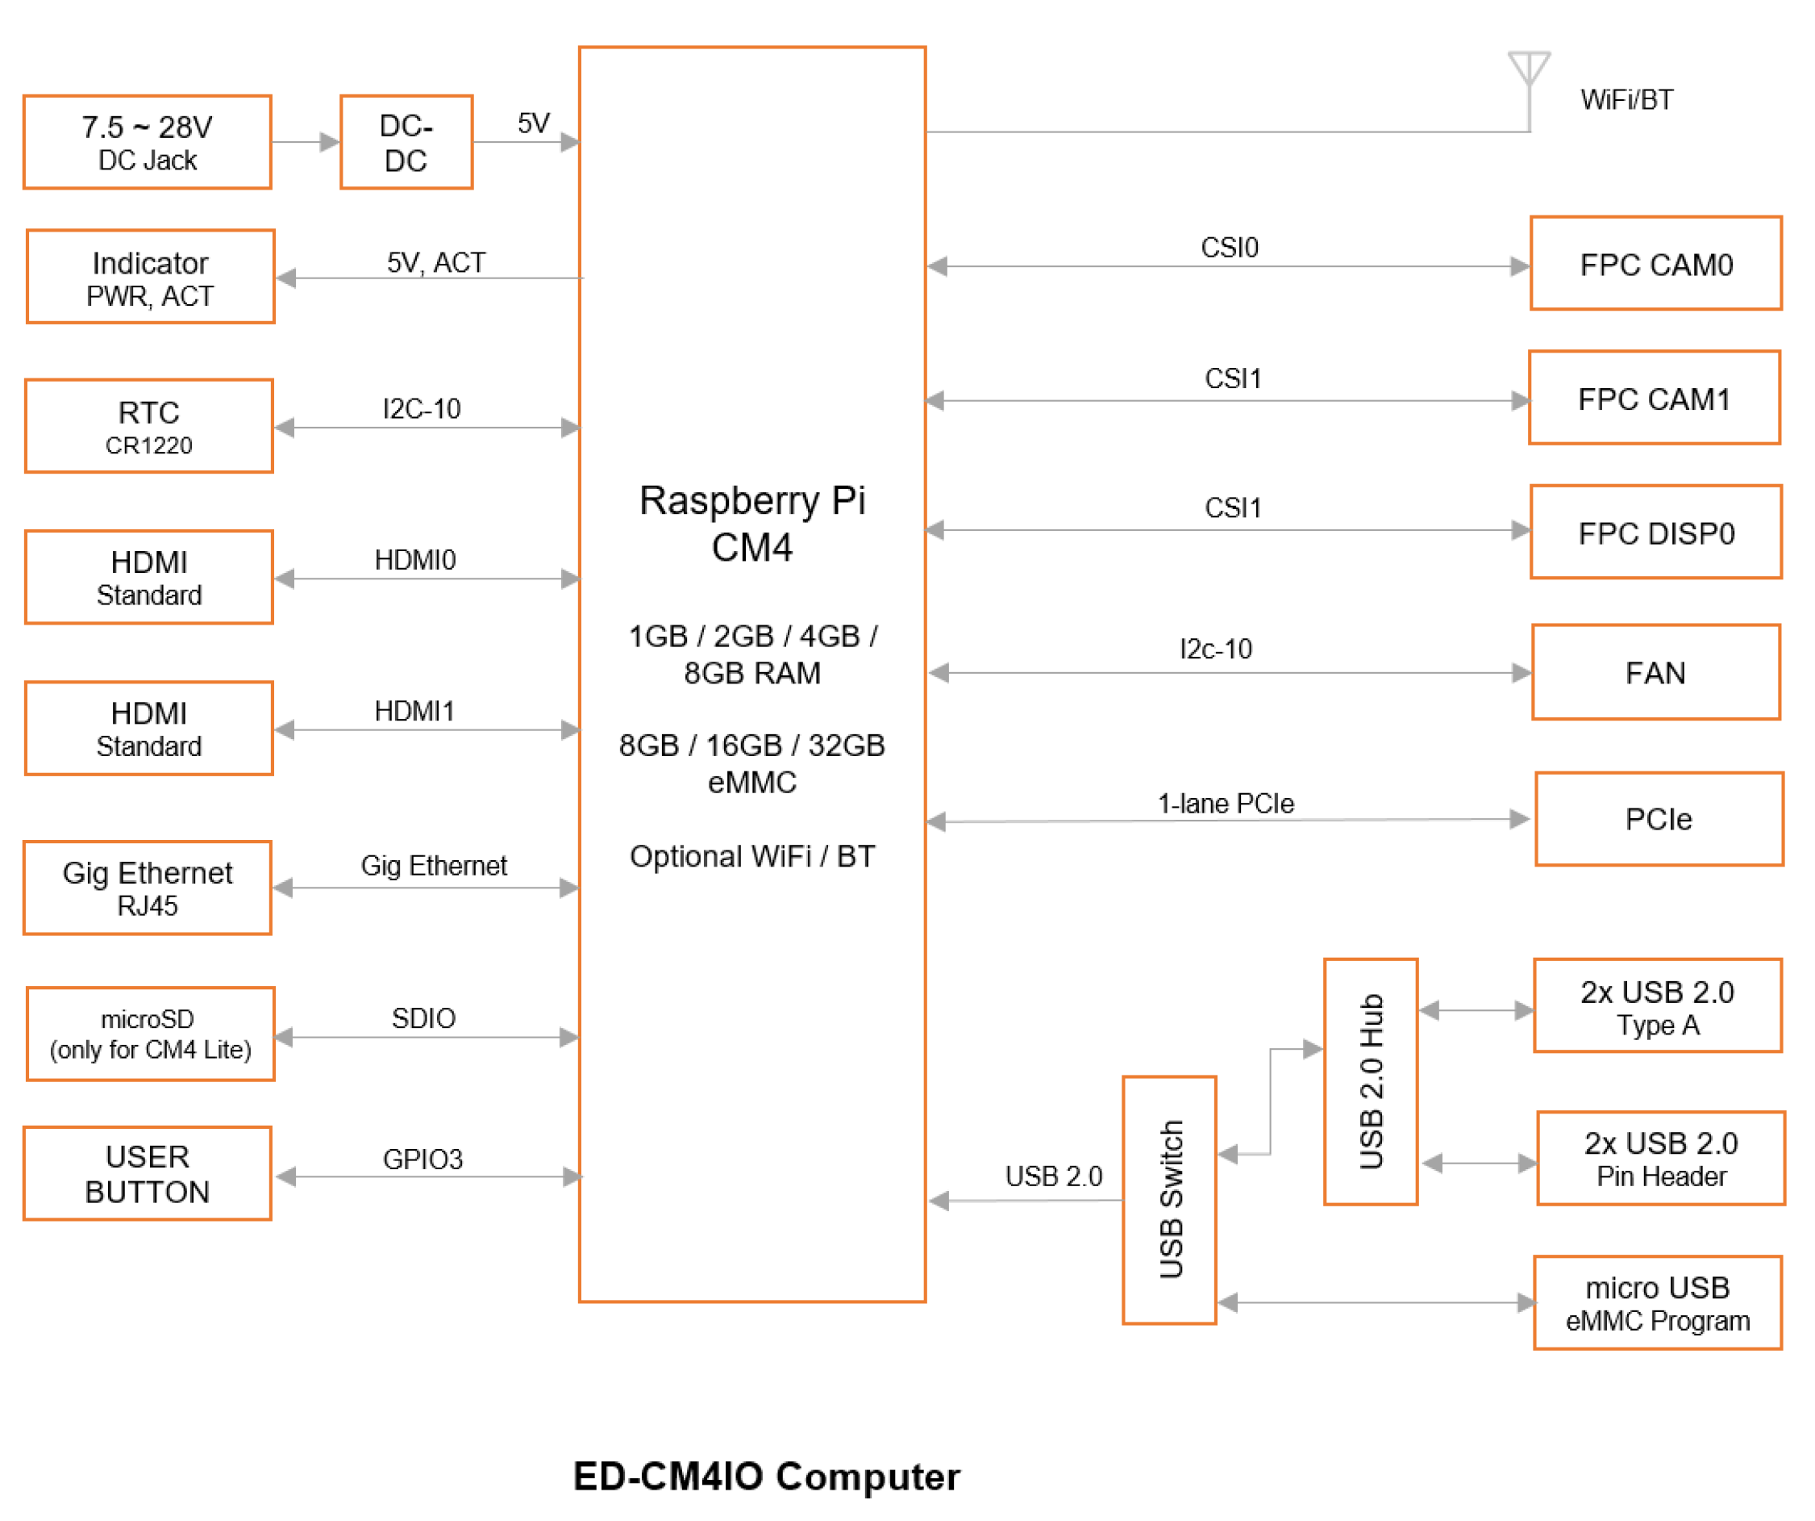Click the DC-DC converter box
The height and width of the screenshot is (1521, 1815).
[406, 143]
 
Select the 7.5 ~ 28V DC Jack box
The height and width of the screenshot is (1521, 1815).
[148, 143]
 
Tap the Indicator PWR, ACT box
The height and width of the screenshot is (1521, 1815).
[151, 278]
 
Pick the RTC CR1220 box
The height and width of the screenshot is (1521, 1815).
[148, 427]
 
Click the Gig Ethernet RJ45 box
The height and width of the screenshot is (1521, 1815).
[148, 889]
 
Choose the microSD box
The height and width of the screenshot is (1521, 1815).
[151, 1035]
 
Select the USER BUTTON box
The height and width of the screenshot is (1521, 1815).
[148, 1174]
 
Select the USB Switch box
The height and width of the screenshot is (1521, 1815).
[1170, 1200]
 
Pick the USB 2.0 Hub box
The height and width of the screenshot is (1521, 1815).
[1372, 1083]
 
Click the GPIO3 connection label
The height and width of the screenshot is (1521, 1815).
[423, 1160]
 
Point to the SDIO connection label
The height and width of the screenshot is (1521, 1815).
[423, 1018]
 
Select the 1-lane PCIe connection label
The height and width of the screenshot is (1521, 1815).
[1226, 804]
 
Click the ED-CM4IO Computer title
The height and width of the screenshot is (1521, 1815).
[767, 1477]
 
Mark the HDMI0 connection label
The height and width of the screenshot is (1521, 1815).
[415, 560]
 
